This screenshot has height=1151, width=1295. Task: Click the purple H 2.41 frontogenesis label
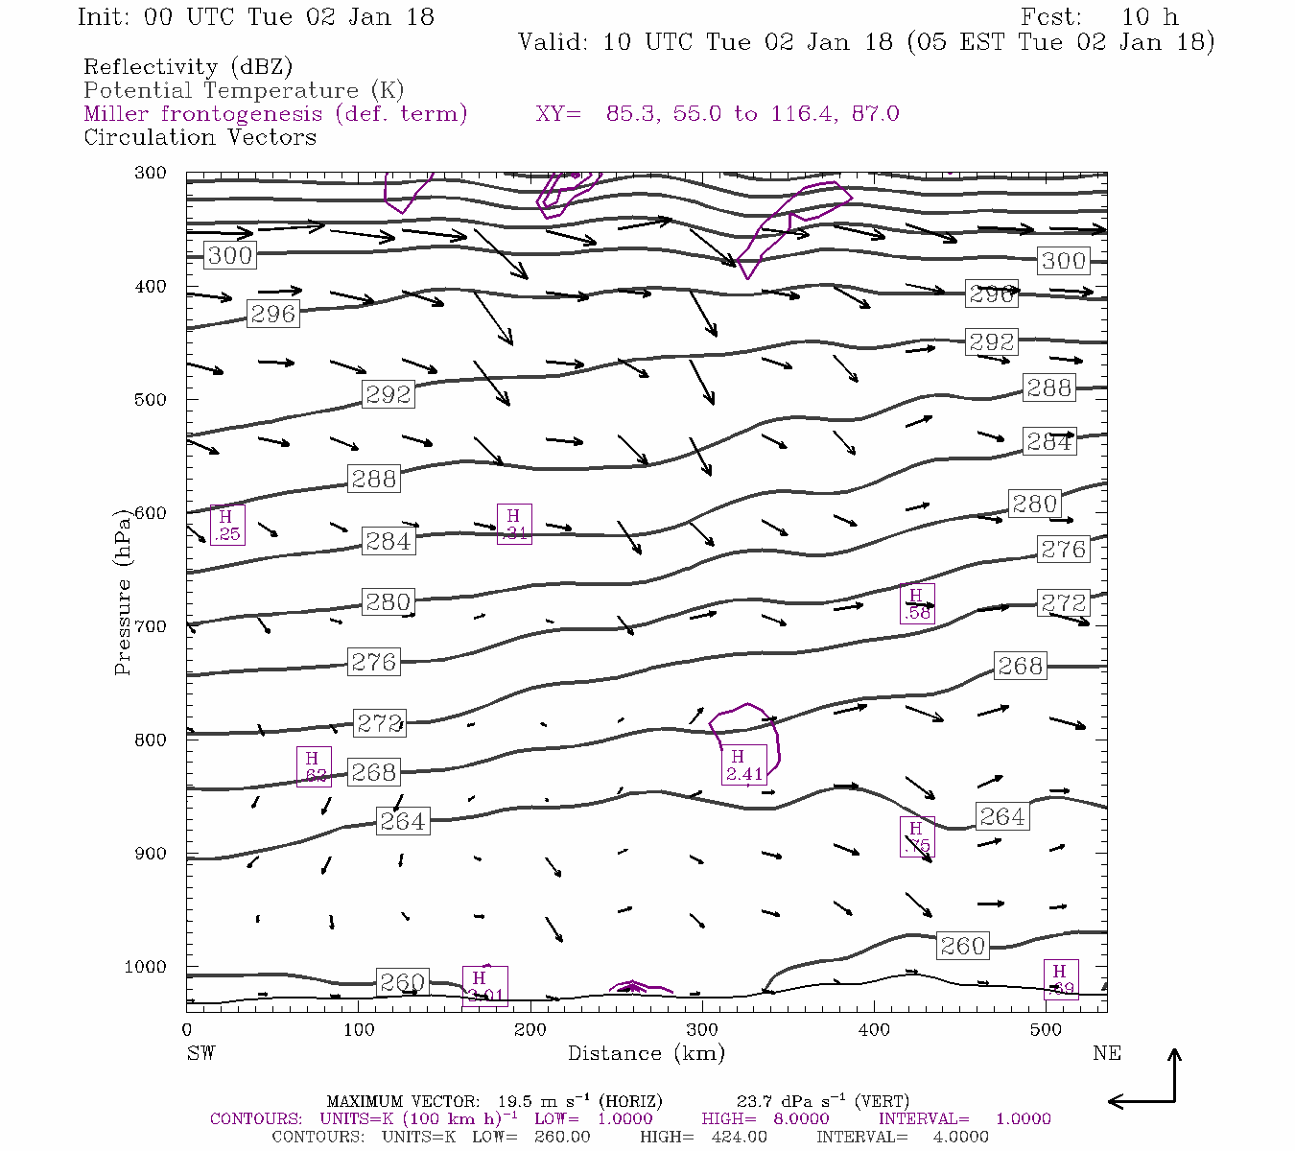743,764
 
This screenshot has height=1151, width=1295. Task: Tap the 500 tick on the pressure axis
151,400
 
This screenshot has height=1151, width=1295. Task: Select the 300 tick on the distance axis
702,1029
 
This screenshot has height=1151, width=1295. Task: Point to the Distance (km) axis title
646,1053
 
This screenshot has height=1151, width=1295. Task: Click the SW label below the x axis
200,1053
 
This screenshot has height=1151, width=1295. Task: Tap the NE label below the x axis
1106,1053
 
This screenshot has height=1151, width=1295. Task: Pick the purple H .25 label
227,525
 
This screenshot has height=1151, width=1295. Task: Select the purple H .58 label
917,603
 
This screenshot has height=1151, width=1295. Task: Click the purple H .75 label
917,836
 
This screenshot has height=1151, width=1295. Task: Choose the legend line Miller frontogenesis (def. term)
275,114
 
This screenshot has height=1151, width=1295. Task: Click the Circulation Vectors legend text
200,137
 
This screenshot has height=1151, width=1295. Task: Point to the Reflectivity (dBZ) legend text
188,67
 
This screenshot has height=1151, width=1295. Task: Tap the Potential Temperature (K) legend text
244,91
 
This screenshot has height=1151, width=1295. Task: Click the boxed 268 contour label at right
1020,666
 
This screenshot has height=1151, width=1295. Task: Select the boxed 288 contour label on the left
373,479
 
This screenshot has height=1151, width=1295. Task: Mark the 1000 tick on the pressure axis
146,967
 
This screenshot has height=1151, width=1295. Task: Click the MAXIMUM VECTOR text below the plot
402,1101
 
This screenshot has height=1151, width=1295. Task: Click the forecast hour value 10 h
1150,17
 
